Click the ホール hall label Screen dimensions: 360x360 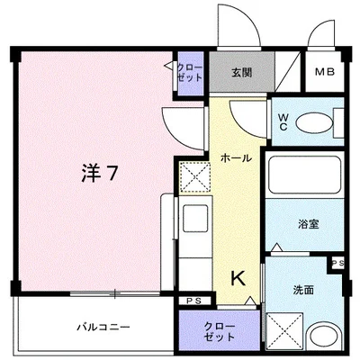(236, 157)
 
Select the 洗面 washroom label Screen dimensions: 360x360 (303, 290)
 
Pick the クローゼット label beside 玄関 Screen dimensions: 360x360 (190, 73)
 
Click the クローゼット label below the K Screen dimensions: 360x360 (220, 328)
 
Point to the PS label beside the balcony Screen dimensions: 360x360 (193, 300)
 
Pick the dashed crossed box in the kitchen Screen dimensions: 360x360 (193, 177)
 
